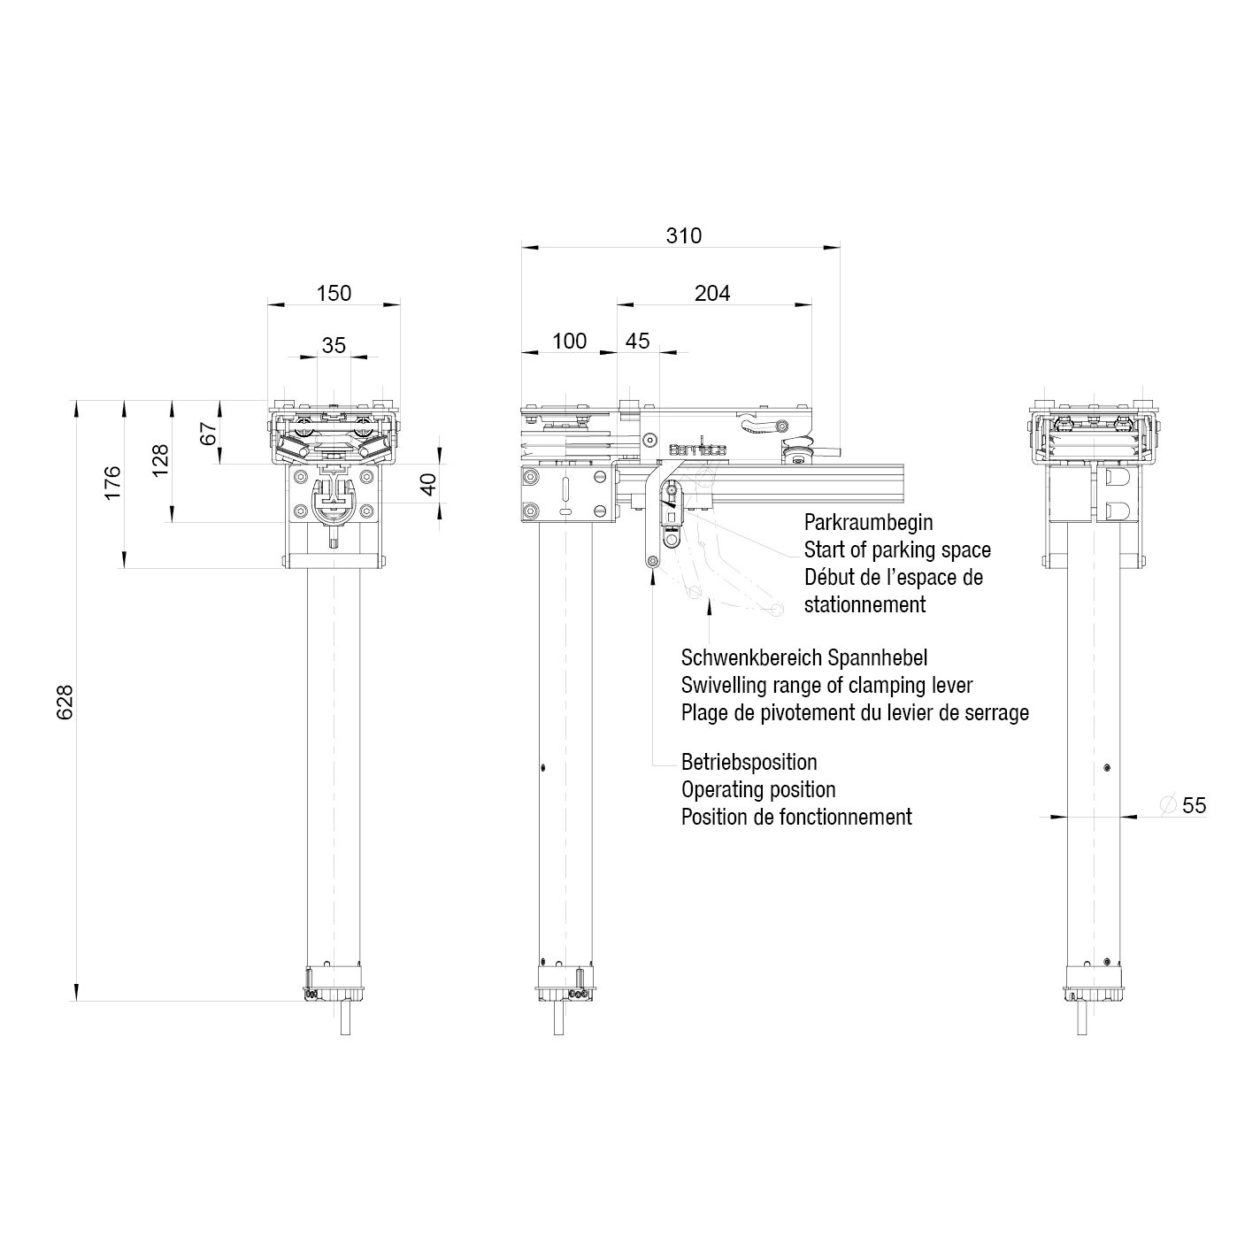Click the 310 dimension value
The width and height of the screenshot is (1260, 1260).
click(683, 235)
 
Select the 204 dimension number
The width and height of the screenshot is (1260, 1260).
click(712, 293)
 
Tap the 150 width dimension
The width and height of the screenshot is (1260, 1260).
click(334, 293)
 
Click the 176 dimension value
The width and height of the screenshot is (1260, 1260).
click(113, 483)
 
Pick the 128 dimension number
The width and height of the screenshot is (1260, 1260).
click(160, 461)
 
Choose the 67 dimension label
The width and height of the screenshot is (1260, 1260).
click(208, 434)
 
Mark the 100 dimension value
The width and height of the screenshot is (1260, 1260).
click(569, 341)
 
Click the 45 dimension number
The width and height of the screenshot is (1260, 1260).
click(637, 341)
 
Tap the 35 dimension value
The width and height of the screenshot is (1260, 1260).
click(334, 345)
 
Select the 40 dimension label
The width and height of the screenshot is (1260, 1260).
click(428, 485)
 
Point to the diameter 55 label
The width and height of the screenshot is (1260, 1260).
click(1194, 805)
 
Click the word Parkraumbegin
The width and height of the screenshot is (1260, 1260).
click(868, 522)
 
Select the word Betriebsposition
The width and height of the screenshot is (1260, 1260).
click(749, 762)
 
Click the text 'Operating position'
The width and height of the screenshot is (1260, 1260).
click(758, 789)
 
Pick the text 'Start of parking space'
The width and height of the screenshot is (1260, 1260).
click(897, 549)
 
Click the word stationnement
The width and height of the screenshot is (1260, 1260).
click(864, 604)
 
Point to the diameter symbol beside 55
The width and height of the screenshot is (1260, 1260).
click(1167, 804)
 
